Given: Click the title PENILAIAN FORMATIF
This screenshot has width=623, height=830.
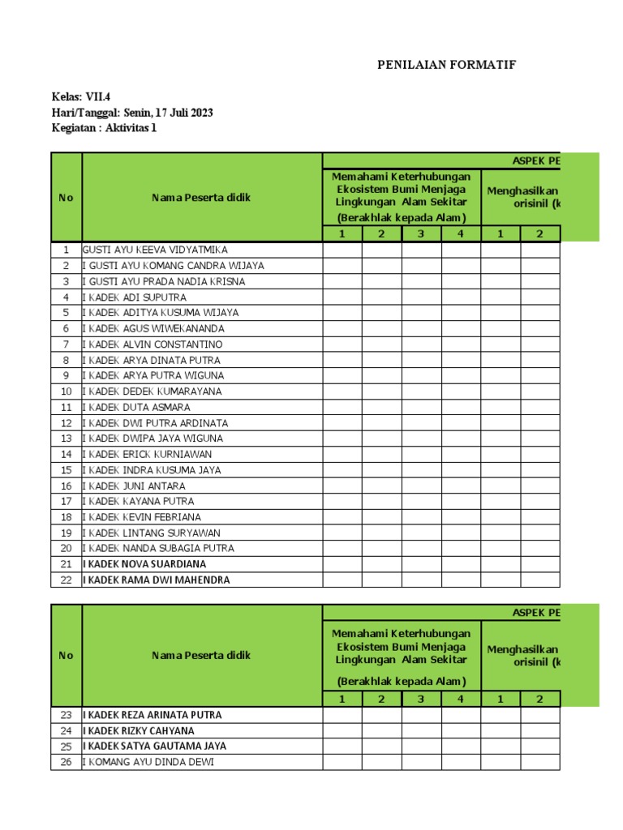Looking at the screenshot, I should coord(447,66).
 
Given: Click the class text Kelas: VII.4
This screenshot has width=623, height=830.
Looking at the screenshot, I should coord(80,97).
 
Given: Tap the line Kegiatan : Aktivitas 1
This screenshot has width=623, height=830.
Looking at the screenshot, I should coord(103,128).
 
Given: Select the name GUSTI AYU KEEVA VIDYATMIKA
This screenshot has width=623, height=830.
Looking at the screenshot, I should coord(155,250).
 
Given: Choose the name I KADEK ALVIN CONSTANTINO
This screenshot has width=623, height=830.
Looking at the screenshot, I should coord(152,344).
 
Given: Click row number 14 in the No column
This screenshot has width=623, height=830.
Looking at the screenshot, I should coord(67,455).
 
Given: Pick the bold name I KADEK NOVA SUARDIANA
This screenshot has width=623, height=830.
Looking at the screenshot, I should coord(144,564).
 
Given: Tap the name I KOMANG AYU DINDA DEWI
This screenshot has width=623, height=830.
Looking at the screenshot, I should coord(148,762).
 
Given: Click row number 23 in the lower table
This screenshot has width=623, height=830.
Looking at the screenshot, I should coord(67,715).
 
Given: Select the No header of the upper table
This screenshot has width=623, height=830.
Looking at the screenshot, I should coord(67,198).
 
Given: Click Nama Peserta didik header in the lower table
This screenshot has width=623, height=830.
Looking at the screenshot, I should coord(201,655).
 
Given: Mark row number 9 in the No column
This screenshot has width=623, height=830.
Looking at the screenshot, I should coord(67,376).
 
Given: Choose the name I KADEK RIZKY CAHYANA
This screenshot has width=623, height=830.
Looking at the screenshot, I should coord(139,730).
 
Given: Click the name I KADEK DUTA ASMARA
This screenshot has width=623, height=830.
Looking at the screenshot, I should coord(136,408).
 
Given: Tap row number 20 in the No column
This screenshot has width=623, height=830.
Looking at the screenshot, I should coord(67,549).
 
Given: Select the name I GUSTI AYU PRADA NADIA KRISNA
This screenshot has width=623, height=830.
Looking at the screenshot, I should coord(163,281).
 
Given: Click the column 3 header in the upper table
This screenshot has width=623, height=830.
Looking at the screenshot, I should coord(421,234).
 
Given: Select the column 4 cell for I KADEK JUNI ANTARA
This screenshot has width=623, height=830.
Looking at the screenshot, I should coord(461,486).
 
